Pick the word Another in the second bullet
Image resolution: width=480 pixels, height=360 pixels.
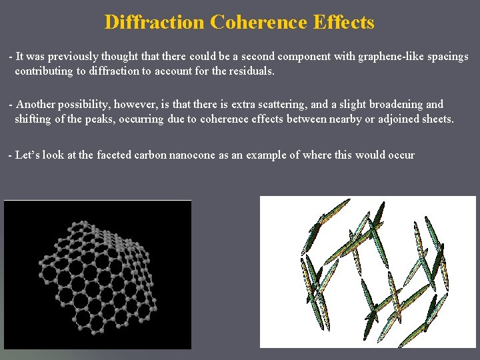[x=37, y=105]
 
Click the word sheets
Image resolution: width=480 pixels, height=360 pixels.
[x=436, y=119]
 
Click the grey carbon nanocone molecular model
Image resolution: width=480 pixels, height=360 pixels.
[x=97, y=273]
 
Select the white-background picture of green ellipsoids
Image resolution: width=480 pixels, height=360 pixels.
[x=367, y=271]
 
